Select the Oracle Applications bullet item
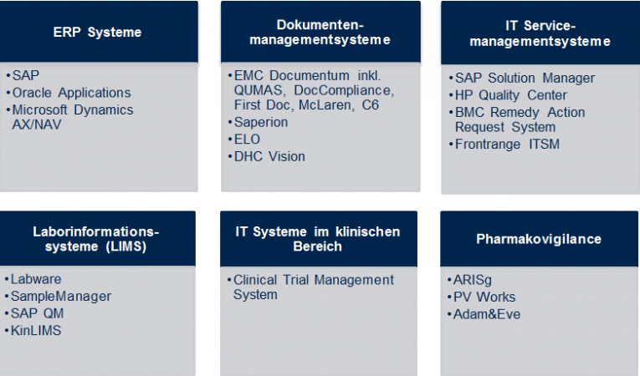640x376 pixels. pos(71,93)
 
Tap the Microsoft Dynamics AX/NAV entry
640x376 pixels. pos(72,117)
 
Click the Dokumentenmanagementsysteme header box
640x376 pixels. pos(321,32)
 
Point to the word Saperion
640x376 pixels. pos(261,122)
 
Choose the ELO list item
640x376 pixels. pos(248,139)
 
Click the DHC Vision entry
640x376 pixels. pos(269,156)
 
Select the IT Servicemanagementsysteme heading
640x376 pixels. pos(540,33)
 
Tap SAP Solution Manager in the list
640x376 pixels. pos(525,78)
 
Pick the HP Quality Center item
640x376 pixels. pos(511,95)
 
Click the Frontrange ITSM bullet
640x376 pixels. pos(508,145)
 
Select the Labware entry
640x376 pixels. pos(37,279)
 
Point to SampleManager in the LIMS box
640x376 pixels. pos(61,296)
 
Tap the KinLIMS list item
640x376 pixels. pos(36,330)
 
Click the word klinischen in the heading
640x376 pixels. pos(363,231)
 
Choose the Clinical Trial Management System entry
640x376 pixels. pos(314,287)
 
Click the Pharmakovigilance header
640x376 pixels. pos(539,239)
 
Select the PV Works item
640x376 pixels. pos(485,297)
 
